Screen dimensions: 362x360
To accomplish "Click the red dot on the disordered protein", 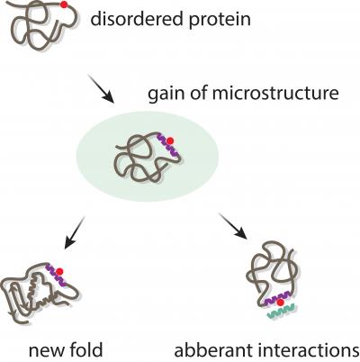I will pos(62,7).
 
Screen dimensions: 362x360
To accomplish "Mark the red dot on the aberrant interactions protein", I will pos(282,302).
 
